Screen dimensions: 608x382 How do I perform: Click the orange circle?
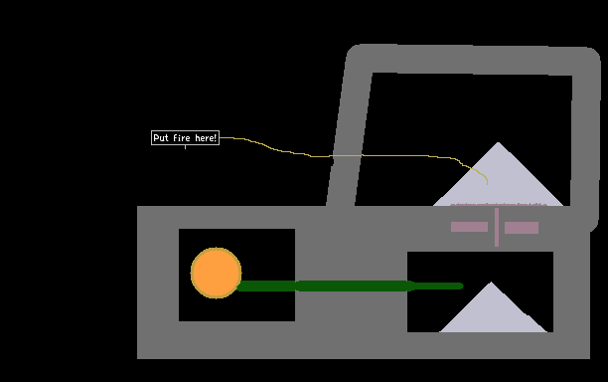pos(216,273)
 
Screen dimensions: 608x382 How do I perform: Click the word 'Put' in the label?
pos(161,138)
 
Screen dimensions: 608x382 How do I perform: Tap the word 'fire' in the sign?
pos(182,138)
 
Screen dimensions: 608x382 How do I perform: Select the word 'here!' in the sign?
pos(206,138)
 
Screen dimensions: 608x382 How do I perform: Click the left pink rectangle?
pos(469,227)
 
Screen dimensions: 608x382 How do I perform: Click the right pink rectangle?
pos(522,228)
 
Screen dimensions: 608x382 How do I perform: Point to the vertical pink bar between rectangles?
pos(497,227)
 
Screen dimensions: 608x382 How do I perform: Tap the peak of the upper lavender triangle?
pos(499,142)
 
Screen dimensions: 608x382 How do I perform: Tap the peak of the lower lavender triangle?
pos(491,282)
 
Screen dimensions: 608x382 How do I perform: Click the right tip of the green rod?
pos(463,286)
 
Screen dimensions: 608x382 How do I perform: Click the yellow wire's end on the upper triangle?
pos(488,184)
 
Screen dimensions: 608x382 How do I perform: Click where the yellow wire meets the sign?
pos(220,138)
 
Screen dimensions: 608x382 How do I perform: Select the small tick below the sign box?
pos(186,147)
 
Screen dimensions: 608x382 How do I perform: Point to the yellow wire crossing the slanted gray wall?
pos(346,155)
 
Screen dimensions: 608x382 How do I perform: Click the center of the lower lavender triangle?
pos(493,314)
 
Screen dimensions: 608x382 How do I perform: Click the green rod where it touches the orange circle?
pos(238,286)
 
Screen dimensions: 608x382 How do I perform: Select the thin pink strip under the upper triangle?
pos(499,205)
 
